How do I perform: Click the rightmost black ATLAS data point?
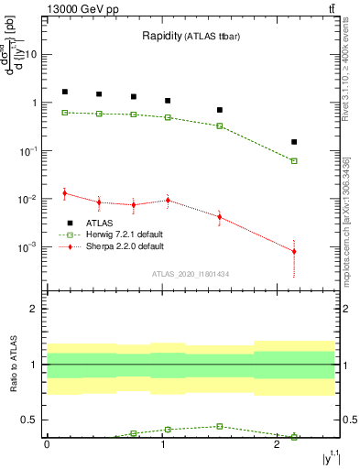(294, 142)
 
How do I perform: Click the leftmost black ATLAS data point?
(64, 92)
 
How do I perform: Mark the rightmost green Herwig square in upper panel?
(294, 160)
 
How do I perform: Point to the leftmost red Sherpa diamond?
(64, 193)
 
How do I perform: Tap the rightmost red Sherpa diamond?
(294, 251)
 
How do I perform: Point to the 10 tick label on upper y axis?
(29, 54)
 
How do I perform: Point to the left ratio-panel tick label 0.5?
(30, 420)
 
